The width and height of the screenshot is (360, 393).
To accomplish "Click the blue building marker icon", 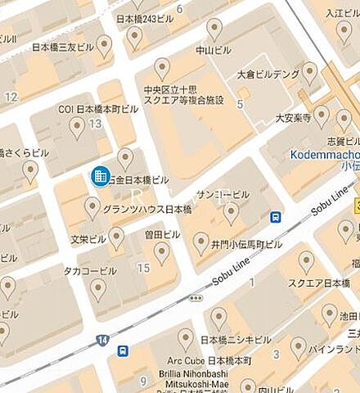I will [x=99, y=176].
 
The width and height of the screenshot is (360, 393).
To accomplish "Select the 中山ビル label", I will [x=214, y=50].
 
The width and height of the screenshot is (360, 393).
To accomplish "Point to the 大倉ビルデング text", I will [x=268, y=74].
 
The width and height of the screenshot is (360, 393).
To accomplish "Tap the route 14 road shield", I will [x=102, y=338].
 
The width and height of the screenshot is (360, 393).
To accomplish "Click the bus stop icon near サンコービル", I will [x=277, y=217].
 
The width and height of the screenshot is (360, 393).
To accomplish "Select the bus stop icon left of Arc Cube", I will [x=123, y=351].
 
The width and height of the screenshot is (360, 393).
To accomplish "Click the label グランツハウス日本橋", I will [x=135, y=209].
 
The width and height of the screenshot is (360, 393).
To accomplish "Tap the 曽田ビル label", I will [x=162, y=234].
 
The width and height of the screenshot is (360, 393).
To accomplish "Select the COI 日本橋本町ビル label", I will [x=94, y=108].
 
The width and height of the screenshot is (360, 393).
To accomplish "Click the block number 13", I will [x=96, y=124].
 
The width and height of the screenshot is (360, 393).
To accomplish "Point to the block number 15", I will [x=144, y=268].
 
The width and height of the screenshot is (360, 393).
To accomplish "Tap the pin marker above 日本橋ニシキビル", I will [x=218, y=316].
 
